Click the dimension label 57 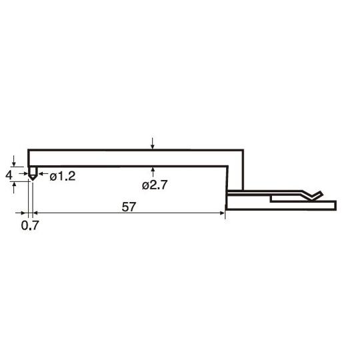[129, 207]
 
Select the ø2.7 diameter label [155, 185]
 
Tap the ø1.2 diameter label [63, 176]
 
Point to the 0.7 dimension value [30, 225]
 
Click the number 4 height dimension [9, 175]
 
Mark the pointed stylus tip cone [33, 177]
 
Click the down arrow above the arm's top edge [153, 143]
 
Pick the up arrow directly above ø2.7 [153, 172]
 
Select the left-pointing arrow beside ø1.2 [43, 173]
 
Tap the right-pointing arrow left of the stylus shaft [23, 173]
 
